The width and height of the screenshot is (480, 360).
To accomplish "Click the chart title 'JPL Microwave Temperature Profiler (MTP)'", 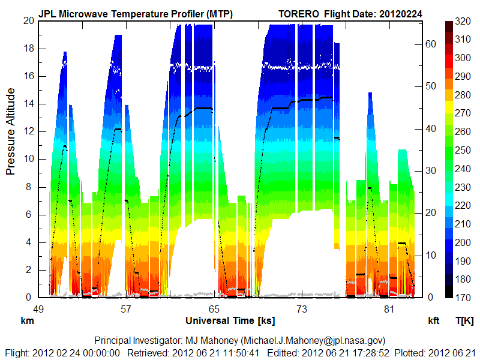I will coord(136,14).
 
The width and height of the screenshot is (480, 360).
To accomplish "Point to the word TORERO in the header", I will coord(299,14).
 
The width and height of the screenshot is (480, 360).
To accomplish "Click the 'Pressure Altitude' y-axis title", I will coord(11,146).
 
